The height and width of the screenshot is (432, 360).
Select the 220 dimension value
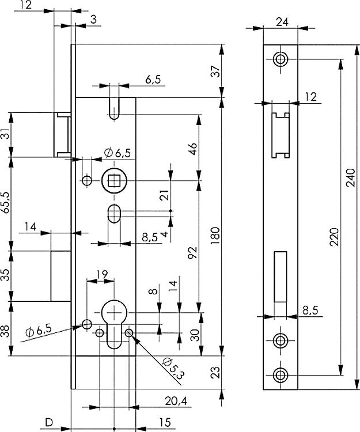(334, 237)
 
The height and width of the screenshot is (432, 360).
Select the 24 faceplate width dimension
(282, 24)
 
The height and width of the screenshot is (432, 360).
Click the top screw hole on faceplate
(281, 59)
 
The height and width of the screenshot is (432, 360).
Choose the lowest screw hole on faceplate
(281, 374)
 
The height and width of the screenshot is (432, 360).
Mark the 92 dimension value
(193, 252)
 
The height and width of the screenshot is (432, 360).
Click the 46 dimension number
(193, 149)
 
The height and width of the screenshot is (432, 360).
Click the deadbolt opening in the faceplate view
(281, 277)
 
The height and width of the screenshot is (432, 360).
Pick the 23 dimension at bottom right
(215, 373)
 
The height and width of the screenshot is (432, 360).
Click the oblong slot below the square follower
(113, 214)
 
